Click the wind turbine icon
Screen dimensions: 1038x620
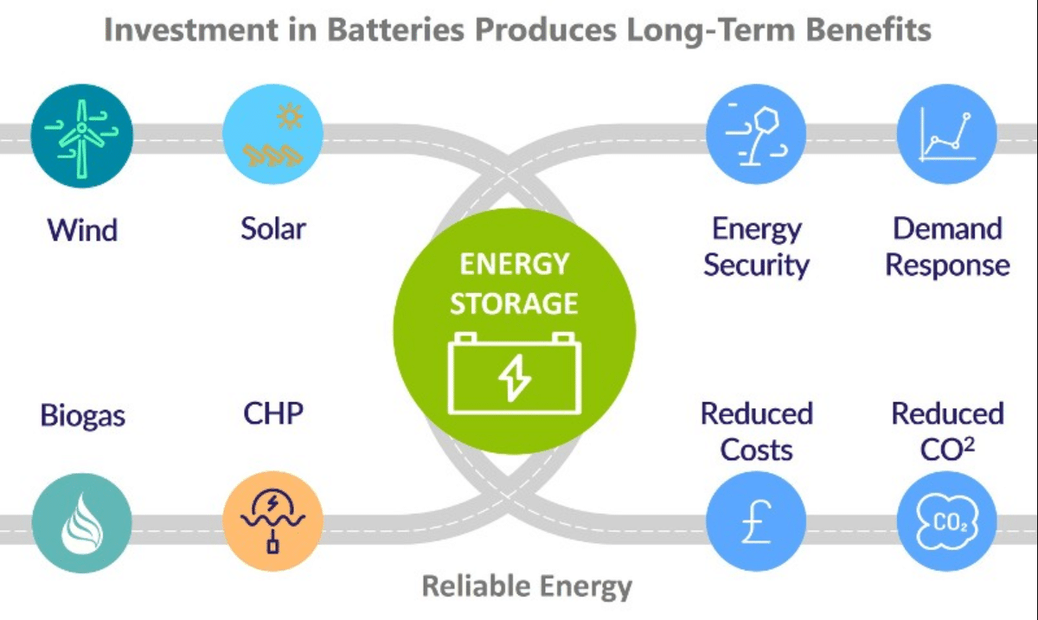point(81,136)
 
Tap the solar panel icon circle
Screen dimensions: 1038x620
point(272,134)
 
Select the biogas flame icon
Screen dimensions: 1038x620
point(81,523)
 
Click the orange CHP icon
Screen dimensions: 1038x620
point(272,521)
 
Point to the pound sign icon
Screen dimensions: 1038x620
point(756,521)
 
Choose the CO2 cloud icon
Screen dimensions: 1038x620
point(947,521)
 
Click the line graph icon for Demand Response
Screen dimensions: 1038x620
point(947,134)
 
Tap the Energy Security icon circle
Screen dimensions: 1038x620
point(756,134)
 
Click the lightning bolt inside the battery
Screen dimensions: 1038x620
point(514,378)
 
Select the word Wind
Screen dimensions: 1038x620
point(82,230)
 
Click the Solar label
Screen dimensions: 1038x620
point(273,228)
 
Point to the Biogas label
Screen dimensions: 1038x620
point(82,416)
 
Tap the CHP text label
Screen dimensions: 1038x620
point(273,413)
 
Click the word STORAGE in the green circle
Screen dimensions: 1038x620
point(514,304)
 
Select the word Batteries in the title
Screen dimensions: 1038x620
point(396,29)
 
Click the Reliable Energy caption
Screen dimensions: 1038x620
point(527,586)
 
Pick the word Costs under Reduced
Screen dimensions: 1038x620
point(756,450)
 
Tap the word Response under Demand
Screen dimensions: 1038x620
point(948,266)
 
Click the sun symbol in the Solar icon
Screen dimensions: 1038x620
point(290,116)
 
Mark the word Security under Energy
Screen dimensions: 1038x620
point(756,266)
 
